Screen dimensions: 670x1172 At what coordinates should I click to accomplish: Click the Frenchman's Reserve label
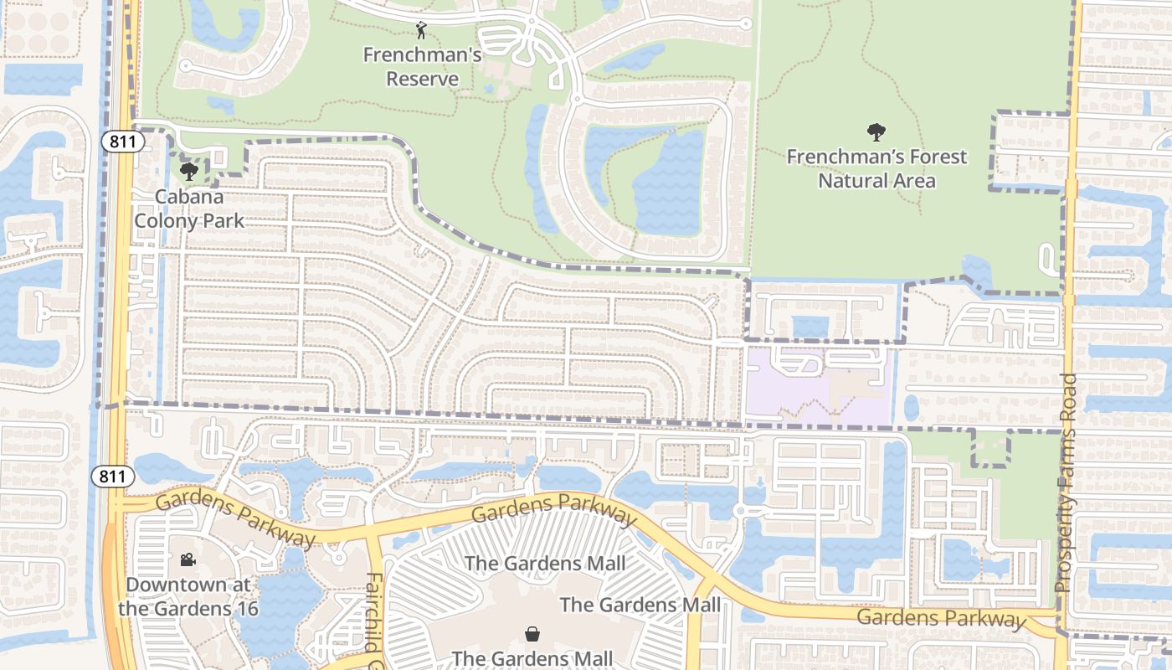click(422, 67)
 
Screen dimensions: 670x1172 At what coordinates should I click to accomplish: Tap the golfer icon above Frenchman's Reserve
click(421, 32)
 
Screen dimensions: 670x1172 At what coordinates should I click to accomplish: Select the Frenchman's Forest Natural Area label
click(876, 168)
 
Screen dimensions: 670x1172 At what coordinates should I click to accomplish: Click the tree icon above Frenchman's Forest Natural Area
click(876, 132)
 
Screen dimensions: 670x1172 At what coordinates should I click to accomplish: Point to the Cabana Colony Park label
click(189, 209)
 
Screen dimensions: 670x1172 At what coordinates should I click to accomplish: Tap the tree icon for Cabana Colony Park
click(189, 172)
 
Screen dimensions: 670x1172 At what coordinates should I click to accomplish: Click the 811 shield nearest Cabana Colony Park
click(122, 142)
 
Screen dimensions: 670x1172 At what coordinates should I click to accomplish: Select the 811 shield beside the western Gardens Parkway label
click(112, 477)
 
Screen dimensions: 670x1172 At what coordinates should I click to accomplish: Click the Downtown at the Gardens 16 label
click(188, 595)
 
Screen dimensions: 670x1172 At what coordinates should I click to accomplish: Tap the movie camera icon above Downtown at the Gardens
click(188, 559)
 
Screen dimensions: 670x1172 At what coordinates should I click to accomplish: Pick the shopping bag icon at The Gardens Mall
click(532, 633)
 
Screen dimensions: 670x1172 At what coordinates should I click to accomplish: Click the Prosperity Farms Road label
click(1066, 483)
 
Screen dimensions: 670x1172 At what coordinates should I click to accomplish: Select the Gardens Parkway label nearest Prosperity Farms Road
click(941, 618)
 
